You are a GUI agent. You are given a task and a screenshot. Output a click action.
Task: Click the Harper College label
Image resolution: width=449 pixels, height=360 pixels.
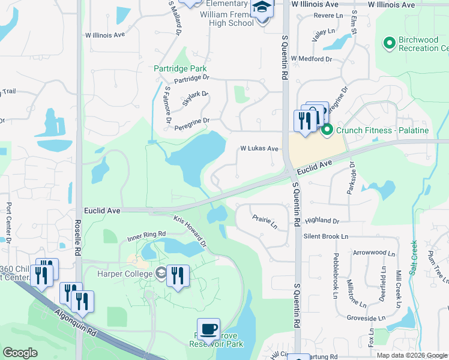tap(124, 274)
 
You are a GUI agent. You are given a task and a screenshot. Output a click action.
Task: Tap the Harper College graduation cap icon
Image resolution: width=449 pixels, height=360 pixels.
tap(160, 274)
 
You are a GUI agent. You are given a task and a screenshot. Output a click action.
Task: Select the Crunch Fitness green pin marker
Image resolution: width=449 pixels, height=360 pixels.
tap(327, 130)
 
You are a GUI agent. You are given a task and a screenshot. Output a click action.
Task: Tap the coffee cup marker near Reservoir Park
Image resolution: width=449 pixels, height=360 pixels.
tap(208, 329)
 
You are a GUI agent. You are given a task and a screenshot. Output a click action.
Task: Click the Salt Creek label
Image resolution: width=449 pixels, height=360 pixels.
tap(413, 257)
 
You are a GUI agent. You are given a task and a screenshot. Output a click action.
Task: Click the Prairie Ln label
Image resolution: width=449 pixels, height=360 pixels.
tap(265, 222)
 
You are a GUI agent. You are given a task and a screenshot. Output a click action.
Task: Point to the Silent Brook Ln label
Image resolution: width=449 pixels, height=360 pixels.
tap(325, 236)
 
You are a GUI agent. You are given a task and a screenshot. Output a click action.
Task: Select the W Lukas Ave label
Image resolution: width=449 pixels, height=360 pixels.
tap(259, 148)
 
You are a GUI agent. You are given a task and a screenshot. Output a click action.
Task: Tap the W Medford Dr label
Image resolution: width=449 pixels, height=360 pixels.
tap(311, 59)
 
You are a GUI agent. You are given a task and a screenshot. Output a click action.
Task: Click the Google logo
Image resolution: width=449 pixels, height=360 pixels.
tap(20, 353)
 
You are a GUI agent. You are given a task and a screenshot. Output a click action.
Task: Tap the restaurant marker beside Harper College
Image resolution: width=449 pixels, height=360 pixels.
tap(178, 276)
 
